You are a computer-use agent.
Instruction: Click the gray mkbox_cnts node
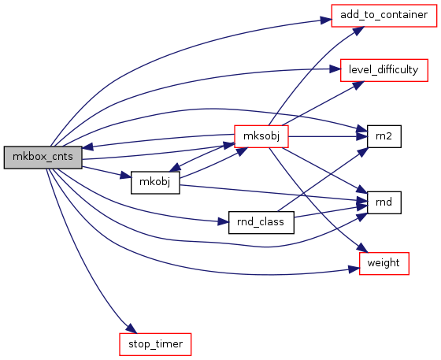(x=43, y=158)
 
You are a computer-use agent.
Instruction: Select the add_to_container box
(x=384, y=16)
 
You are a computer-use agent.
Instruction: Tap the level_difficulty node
(x=384, y=70)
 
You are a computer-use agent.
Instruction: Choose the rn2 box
(x=384, y=136)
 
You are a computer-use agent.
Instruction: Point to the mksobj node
(x=261, y=136)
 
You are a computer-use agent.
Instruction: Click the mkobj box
(x=155, y=183)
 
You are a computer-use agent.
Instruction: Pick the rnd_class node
(x=261, y=222)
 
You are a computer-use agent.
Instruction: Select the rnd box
(x=384, y=202)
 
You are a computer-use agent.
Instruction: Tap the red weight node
(x=384, y=264)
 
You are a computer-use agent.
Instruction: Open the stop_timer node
(x=155, y=344)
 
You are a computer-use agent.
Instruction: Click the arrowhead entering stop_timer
(x=132, y=328)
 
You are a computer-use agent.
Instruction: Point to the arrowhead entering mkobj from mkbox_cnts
(x=126, y=176)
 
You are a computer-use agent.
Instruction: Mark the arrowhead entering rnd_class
(x=224, y=222)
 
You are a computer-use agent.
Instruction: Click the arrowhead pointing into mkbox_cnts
(x=87, y=147)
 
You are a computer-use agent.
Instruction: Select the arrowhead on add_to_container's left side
(x=326, y=20)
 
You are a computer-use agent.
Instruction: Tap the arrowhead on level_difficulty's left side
(x=335, y=69)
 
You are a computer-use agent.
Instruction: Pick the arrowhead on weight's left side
(x=354, y=269)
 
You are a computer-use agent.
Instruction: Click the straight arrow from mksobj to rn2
(x=328, y=137)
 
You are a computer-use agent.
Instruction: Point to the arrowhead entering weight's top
(x=362, y=248)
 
